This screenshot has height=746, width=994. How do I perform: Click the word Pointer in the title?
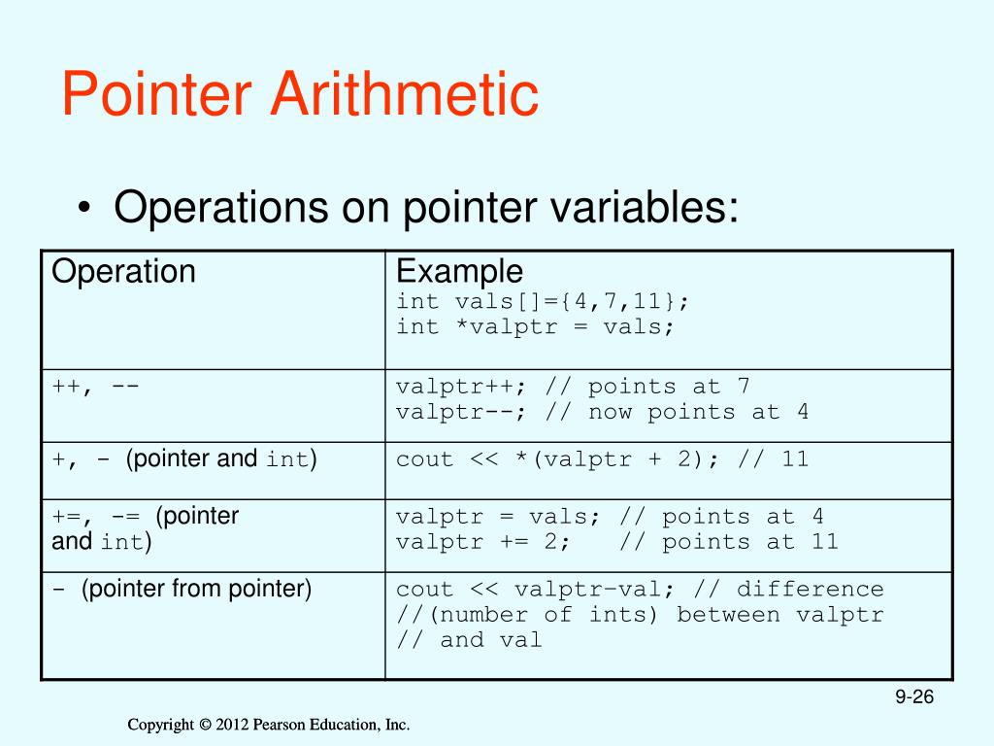(157, 95)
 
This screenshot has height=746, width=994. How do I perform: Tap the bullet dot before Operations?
(86, 211)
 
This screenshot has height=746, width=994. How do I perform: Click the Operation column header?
(123, 271)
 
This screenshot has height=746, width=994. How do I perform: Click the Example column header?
(459, 271)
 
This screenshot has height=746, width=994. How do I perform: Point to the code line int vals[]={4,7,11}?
(544, 302)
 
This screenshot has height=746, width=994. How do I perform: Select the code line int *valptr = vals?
(535, 326)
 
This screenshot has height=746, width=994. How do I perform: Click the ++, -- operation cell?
(95, 386)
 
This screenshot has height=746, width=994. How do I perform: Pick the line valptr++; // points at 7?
(573, 386)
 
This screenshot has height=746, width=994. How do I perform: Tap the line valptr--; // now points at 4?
(602, 411)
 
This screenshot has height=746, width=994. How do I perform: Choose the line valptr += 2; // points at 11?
(616, 541)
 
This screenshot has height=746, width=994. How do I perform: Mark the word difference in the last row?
(810, 589)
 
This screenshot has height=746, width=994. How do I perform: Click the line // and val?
(469, 639)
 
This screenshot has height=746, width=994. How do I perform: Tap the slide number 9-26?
(913, 697)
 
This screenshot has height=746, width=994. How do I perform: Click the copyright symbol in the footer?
(204, 725)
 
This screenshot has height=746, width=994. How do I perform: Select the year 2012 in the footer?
(232, 725)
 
